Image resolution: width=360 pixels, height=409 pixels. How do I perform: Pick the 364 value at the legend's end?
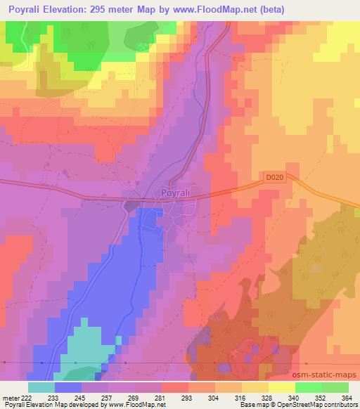347,397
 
